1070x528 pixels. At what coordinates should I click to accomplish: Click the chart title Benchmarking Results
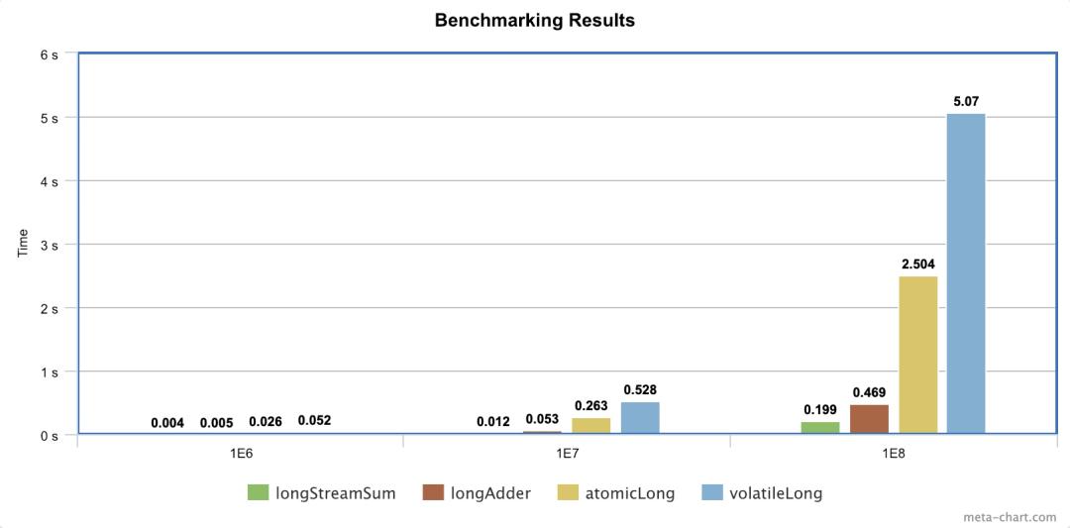coord(534,20)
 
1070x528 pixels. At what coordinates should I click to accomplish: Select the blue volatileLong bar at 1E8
coord(966,273)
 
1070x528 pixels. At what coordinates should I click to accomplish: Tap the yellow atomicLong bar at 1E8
coord(917,355)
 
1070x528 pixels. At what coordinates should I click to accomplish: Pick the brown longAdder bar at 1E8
coord(869,419)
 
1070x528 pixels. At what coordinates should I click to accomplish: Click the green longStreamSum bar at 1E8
coord(820,428)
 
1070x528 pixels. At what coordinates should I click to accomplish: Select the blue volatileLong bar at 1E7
coord(640,417)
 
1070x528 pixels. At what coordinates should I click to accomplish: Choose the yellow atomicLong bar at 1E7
coord(591,425)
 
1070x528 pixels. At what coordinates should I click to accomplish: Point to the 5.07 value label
coord(966,101)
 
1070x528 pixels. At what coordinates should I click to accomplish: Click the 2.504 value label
coord(917,264)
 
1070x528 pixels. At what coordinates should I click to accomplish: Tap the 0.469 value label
coord(869,392)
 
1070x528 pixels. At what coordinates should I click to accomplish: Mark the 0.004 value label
coord(167,423)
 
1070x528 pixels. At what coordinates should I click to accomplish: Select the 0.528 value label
coord(640,390)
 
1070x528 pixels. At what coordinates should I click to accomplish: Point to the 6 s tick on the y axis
coord(49,54)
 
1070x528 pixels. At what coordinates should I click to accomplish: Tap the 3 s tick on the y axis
coord(49,245)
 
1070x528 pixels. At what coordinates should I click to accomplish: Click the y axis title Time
coord(23,244)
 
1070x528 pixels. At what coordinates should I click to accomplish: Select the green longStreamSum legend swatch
coord(258,492)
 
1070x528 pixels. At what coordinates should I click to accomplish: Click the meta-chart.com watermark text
coord(1012,517)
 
